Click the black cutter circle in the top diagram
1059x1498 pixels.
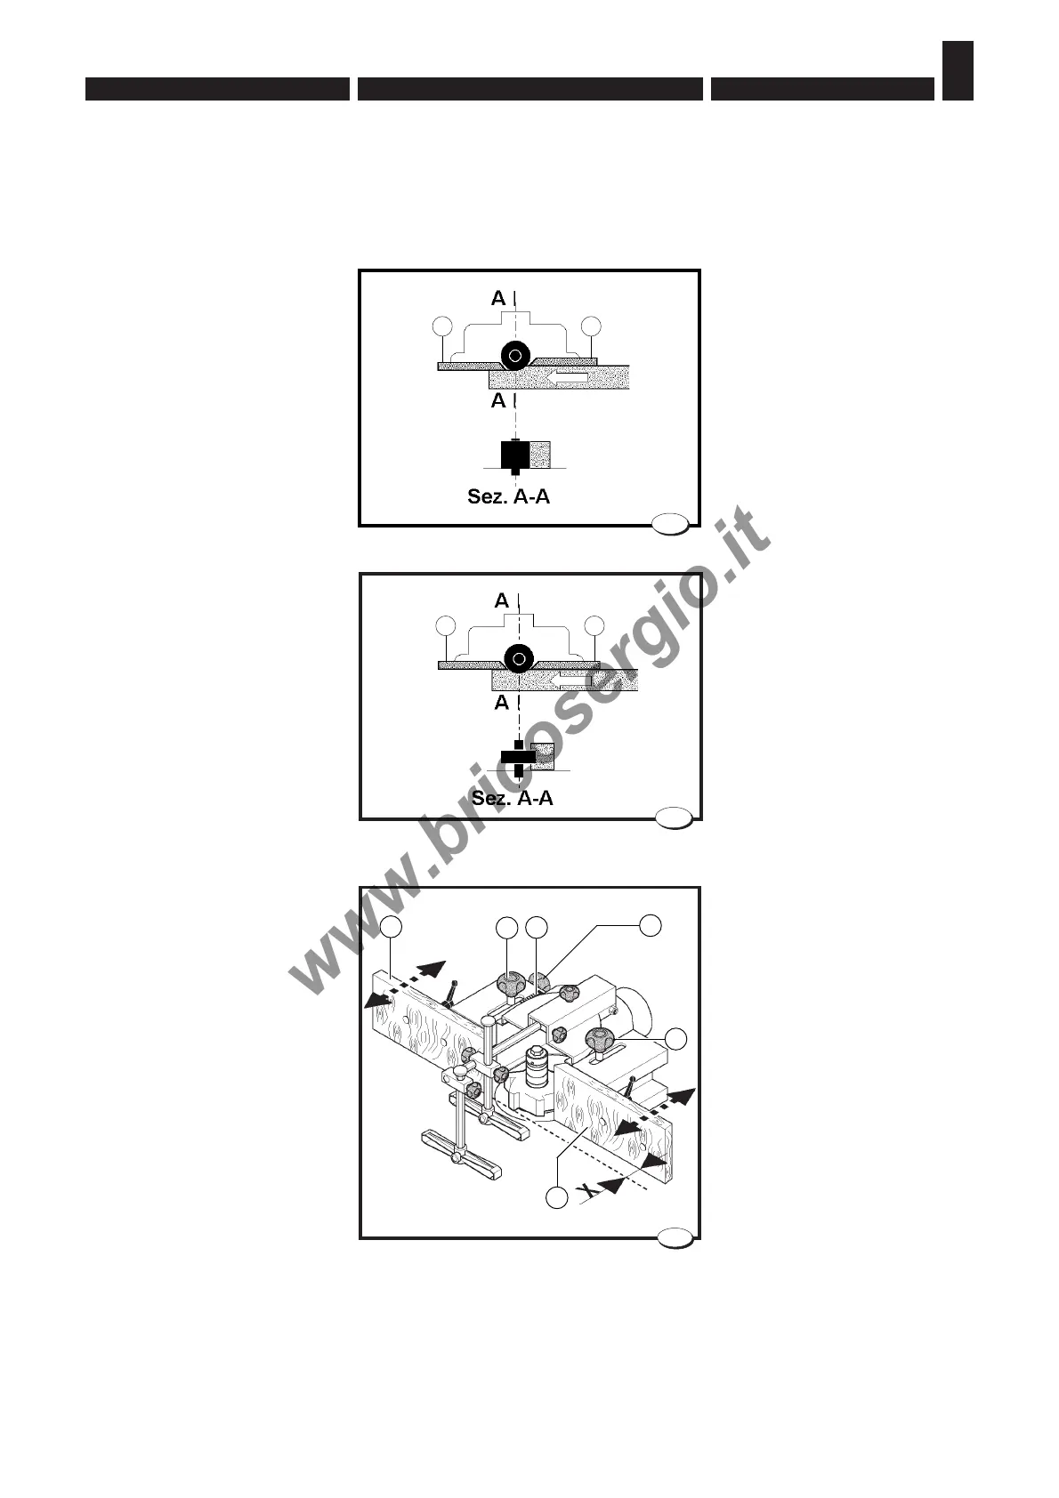pos(515,356)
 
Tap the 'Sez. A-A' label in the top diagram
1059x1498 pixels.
pos(508,496)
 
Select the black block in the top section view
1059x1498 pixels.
pos(514,455)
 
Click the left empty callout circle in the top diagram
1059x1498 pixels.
pos(443,326)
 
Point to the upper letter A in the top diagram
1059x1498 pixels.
pos(498,298)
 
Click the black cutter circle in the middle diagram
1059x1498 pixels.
pos(519,659)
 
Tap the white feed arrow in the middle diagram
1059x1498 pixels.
pos(570,681)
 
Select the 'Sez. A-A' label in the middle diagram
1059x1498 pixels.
pos(512,798)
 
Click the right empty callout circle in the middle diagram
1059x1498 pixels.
pos(594,626)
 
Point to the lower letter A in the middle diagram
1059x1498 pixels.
pos(502,703)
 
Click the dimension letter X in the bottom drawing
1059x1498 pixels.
pos(585,1189)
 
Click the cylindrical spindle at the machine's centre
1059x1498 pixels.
pos(534,1067)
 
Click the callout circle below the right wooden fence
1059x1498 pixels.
pos(556,1198)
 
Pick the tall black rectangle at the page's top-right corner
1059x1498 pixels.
pos(958,70)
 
